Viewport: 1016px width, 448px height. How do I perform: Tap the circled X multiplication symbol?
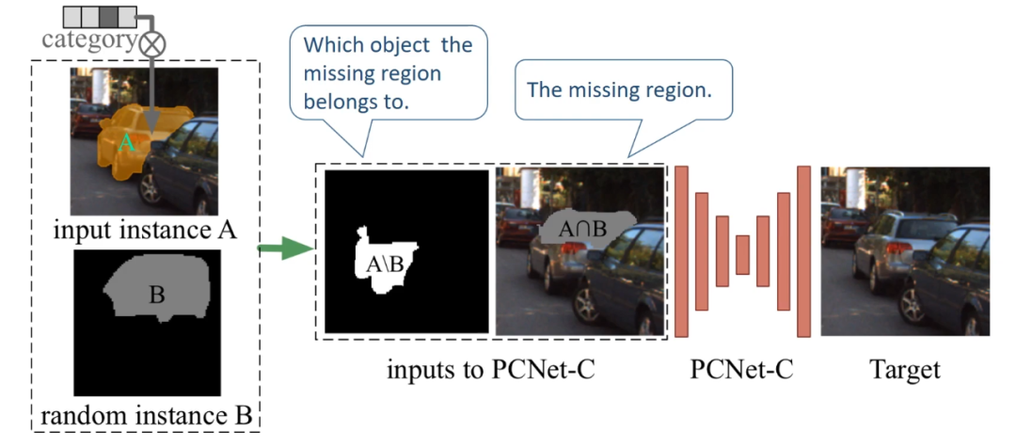152,43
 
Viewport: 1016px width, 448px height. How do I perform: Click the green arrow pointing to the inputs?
289,248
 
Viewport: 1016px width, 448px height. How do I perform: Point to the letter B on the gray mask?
156,296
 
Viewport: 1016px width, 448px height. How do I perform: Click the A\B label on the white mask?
387,264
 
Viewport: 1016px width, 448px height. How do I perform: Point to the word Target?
904,368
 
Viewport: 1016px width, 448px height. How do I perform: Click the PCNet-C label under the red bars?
739,368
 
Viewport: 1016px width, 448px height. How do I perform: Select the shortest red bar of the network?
742,253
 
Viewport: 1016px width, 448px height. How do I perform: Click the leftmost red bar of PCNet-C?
682,249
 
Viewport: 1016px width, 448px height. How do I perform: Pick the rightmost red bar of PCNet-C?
803,250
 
